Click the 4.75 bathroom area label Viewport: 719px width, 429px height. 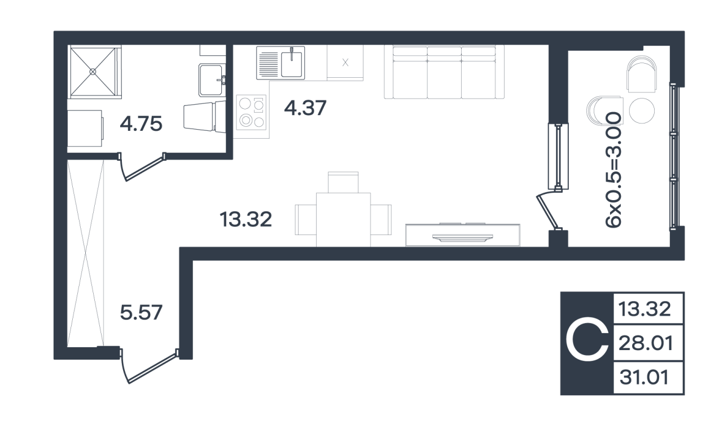tap(141, 124)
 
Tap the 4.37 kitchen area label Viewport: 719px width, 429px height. tap(305, 108)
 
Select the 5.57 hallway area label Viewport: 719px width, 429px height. tap(141, 312)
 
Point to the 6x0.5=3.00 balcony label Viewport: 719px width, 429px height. tap(613, 170)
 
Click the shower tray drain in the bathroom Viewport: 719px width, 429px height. tap(93, 72)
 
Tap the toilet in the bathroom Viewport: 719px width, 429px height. tap(204, 116)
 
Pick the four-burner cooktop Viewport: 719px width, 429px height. tap(251, 112)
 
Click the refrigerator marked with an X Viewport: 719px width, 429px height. tap(345, 63)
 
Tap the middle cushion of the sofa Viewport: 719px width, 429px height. tap(444, 73)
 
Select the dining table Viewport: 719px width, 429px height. tap(343, 220)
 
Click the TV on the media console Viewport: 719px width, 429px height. tap(463, 237)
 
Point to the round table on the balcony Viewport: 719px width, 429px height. tap(642, 110)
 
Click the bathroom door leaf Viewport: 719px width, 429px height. tap(145, 168)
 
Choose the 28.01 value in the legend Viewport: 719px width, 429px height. tap(646, 343)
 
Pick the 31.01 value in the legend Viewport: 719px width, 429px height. tap(645, 377)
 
